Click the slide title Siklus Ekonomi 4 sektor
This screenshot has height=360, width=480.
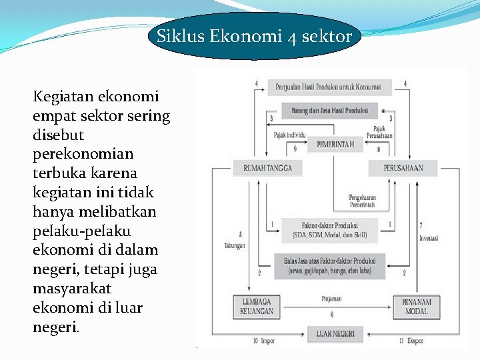pos(254,36)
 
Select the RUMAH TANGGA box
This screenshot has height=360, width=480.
pos(263,167)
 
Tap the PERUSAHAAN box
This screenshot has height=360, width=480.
pos(403,167)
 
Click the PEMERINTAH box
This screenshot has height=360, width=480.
pos(335,144)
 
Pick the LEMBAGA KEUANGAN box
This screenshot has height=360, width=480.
pos(257,307)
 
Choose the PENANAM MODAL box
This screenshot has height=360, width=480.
pos(417,307)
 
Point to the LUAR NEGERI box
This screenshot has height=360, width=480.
pos(335,333)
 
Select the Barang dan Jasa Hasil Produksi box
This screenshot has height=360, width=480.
pos(329,110)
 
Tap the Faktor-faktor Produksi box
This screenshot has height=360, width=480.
pos(329,230)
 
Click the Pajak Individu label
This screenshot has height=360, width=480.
pos(289,135)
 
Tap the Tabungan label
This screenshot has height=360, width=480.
pos(234,245)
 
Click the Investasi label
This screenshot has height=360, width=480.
pos(429,238)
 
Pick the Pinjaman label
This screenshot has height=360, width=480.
pos(331,299)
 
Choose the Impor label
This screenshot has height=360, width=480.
pos(267,341)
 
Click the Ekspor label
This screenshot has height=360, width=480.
pos(415,341)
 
